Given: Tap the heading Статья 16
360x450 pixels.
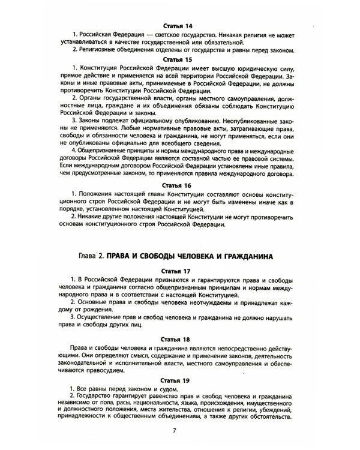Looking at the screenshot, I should click(x=179, y=187).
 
